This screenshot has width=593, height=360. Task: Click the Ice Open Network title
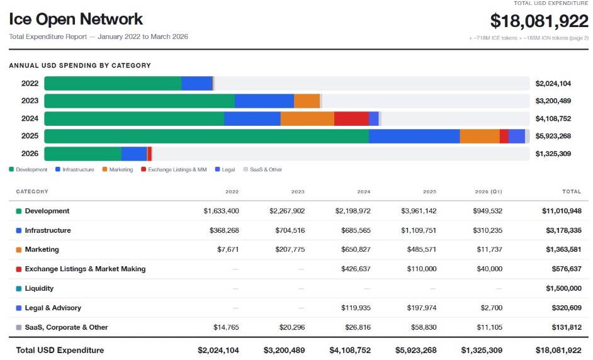click(x=76, y=20)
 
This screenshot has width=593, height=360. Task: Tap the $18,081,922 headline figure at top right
click(x=539, y=21)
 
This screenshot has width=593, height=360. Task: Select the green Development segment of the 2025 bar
click(x=206, y=136)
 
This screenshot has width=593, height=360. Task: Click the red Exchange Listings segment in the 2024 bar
click(x=351, y=118)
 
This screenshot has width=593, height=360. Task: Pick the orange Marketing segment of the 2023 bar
click(x=307, y=101)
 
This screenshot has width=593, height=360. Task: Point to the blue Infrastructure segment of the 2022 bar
click(x=196, y=83)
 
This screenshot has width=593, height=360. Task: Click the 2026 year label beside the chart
click(x=30, y=154)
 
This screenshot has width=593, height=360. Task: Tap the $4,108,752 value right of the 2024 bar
click(x=553, y=118)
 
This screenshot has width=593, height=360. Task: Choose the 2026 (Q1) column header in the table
click(x=489, y=191)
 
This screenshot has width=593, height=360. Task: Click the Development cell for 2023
click(x=287, y=211)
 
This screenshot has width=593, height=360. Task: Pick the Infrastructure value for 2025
click(x=419, y=230)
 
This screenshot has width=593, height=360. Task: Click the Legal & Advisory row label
click(x=53, y=308)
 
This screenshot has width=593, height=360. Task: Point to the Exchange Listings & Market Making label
click(x=85, y=269)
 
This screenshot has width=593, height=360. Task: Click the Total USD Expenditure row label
click(x=60, y=350)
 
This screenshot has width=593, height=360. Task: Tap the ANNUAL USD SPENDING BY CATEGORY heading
click(x=80, y=65)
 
